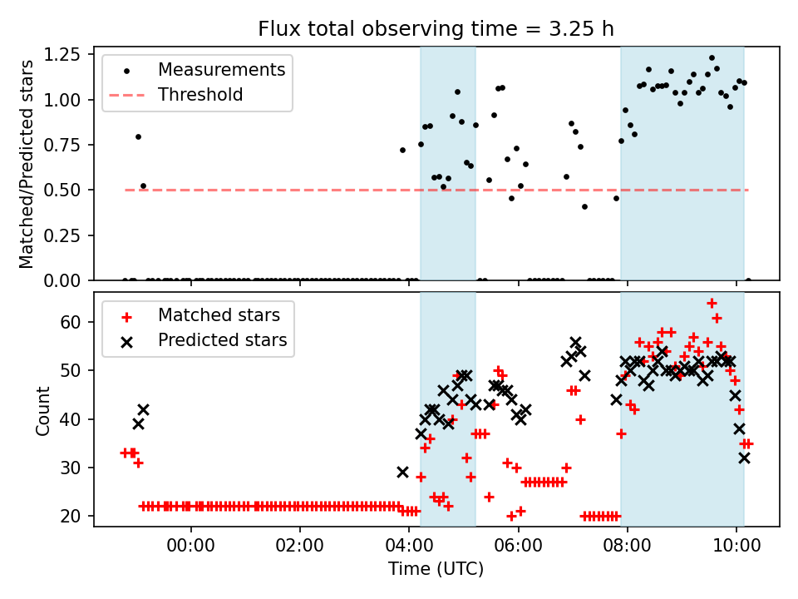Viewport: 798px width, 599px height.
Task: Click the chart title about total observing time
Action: pos(436,29)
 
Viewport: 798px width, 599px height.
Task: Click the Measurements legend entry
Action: pos(221,70)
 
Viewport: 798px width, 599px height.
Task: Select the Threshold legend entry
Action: pos(200,95)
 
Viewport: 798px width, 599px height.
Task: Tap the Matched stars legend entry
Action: pos(219,316)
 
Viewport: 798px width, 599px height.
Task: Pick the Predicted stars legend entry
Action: pos(222,340)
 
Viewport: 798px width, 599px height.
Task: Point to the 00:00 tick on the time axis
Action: pos(191,549)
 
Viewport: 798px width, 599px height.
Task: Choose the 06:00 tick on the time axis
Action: pos(519,549)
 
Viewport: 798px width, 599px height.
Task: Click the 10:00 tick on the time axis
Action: pos(736,549)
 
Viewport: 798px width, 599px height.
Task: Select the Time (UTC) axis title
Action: pos(436,571)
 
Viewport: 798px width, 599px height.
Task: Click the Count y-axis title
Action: pos(42,410)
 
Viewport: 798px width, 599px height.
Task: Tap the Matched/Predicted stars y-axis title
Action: pos(27,164)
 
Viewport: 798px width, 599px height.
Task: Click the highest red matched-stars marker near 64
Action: pos(712,303)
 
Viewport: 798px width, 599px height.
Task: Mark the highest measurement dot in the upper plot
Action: pos(712,58)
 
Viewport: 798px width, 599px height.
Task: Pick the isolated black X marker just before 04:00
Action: pos(402,472)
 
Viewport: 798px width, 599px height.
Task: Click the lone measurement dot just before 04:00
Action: pos(402,150)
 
